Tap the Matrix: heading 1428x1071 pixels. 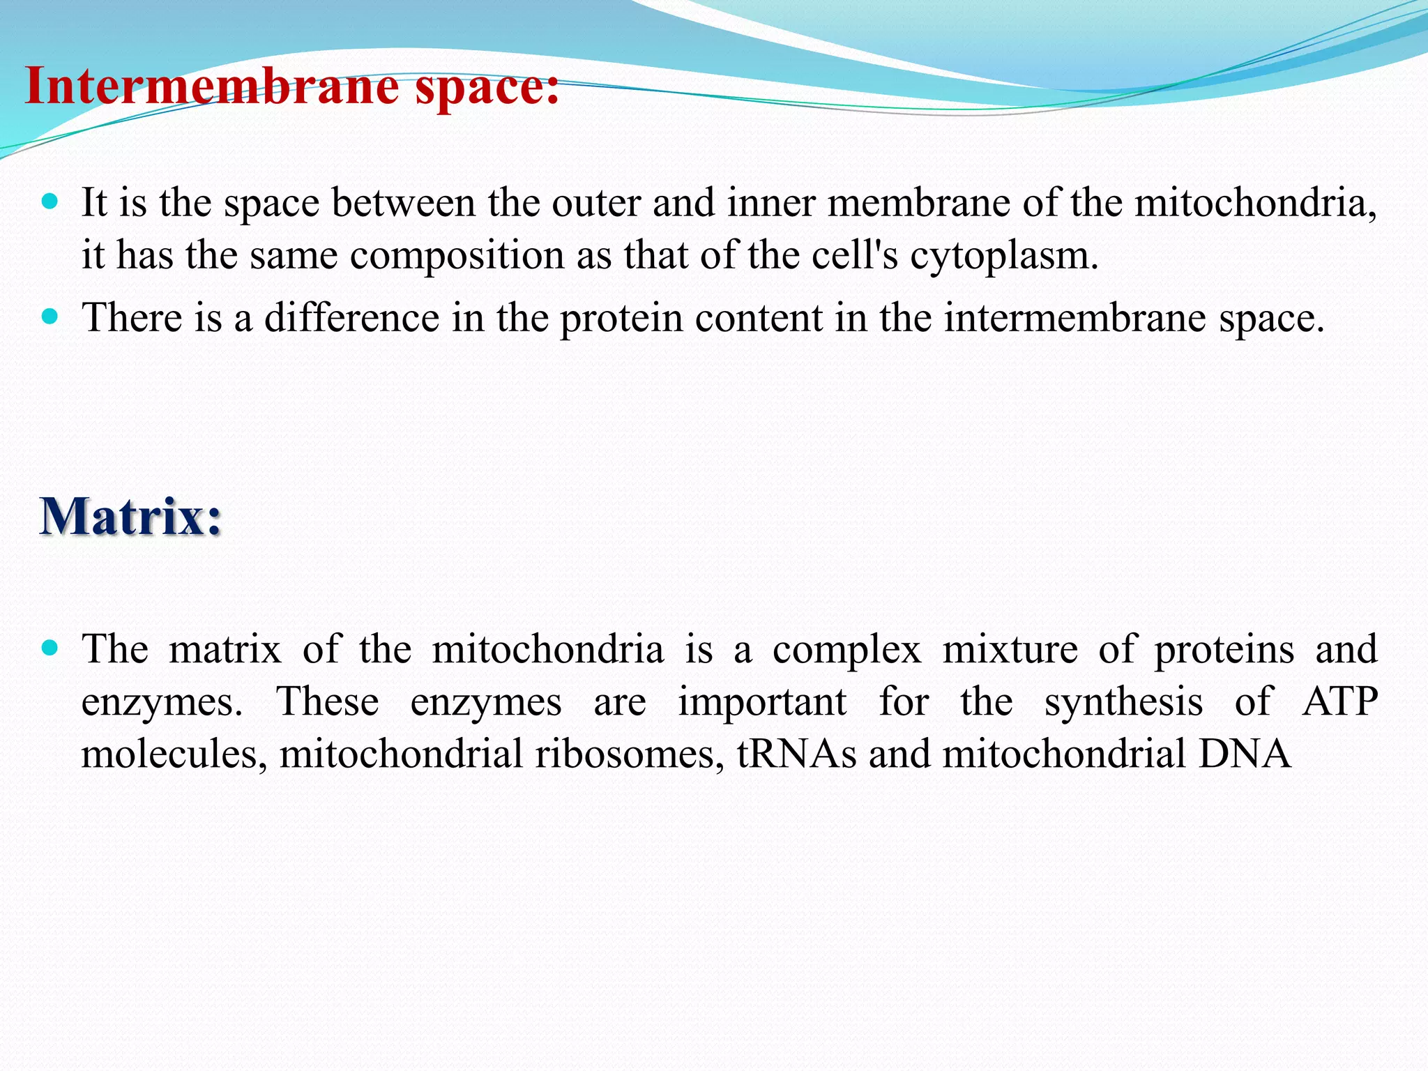[x=130, y=517]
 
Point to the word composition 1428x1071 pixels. [x=457, y=256]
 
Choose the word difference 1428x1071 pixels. [x=351, y=318]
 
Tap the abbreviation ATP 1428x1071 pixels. [x=1339, y=701]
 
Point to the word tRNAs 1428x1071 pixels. [x=796, y=754]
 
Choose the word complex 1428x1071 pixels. [x=846, y=650]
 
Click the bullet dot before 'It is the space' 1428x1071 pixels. [x=50, y=203]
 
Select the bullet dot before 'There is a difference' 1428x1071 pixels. [x=50, y=318]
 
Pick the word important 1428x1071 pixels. [x=762, y=701]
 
